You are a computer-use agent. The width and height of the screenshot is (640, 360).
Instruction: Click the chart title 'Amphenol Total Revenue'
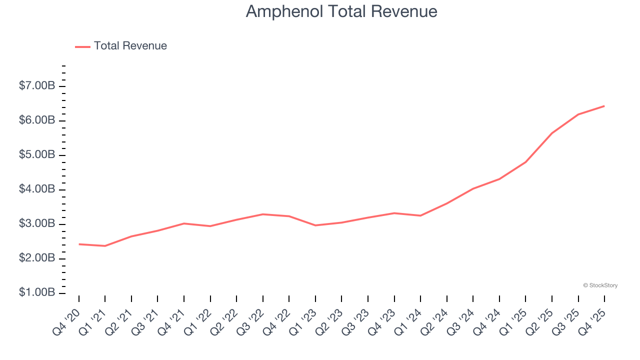(341, 11)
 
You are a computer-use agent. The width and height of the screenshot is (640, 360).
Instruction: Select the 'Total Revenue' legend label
(130, 46)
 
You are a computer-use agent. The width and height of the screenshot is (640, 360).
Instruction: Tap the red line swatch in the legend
(82, 46)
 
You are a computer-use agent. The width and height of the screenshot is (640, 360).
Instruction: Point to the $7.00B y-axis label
(37, 86)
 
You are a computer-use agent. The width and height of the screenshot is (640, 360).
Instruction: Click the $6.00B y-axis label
(37, 120)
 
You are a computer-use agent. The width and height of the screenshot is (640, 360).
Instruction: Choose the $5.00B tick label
(37, 155)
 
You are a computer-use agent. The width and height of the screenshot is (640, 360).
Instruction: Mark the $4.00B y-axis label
(37, 189)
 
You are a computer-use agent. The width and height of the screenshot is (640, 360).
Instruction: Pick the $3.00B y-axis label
(37, 224)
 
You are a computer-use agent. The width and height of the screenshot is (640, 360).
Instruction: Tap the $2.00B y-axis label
(37, 258)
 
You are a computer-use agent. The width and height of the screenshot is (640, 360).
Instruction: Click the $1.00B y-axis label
(37, 292)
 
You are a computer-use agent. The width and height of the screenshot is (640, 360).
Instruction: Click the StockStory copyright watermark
(600, 285)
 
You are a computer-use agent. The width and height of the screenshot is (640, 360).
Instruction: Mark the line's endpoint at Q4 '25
(604, 106)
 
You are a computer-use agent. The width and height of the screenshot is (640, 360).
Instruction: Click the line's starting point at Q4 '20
(79, 244)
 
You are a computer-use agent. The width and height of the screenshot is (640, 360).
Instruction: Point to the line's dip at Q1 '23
(315, 225)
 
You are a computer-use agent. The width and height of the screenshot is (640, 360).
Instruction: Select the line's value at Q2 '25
(552, 133)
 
